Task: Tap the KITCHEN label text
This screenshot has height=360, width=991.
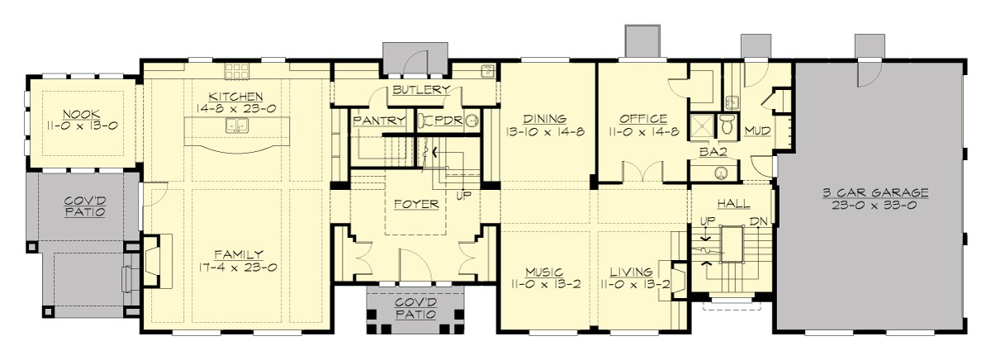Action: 218,97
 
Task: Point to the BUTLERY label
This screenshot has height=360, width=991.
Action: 420,90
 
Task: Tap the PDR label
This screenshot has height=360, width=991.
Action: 448,121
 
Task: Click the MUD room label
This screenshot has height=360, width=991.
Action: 757,130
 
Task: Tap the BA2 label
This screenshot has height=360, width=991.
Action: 712,152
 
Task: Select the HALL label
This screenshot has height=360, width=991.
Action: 733,202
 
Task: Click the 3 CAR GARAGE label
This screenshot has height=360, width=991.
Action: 875,192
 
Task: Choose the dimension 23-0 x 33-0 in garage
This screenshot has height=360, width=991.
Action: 875,206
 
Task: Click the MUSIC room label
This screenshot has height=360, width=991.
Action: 544,271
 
